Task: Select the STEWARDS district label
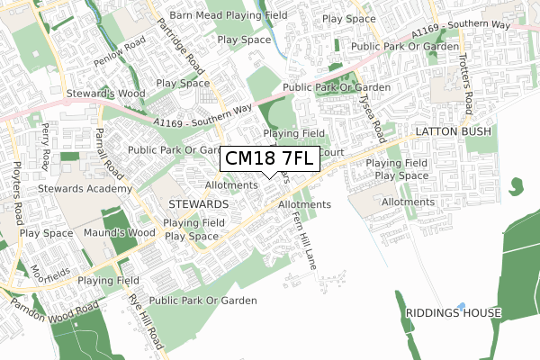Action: [x=197, y=205]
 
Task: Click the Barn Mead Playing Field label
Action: [x=229, y=15]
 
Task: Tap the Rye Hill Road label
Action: [x=146, y=322]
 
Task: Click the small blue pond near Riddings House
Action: [x=461, y=306]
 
